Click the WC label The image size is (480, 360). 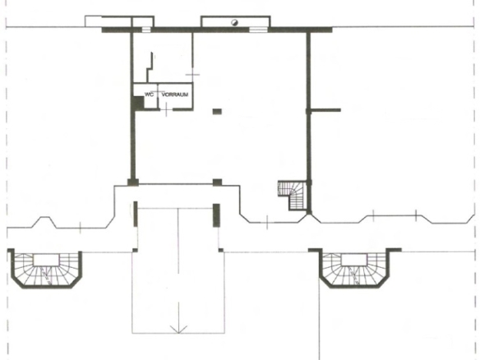click(x=149, y=95)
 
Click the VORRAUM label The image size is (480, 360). click(x=175, y=95)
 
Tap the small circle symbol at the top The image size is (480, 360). click(x=234, y=22)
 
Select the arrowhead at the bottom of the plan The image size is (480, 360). click(x=178, y=330)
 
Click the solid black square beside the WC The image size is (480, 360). click(x=138, y=103)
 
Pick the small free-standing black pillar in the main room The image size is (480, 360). click(x=217, y=112)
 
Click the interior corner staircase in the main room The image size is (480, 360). click(x=293, y=195)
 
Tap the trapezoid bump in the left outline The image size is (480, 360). click(x=44, y=222)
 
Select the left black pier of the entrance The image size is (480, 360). click(x=136, y=214)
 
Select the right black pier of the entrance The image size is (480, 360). click(x=216, y=215)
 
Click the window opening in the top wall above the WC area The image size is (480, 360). click(x=146, y=30)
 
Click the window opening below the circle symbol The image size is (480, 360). click(x=258, y=30)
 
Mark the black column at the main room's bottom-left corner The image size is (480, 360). click(x=133, y=182)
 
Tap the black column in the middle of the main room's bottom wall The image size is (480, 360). click(x=217, y=182)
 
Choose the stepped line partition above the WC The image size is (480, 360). click(x=150, y=67)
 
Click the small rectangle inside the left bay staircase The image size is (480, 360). click(x=46, y=261)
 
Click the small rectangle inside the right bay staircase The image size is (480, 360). click(x=354, y=261)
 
